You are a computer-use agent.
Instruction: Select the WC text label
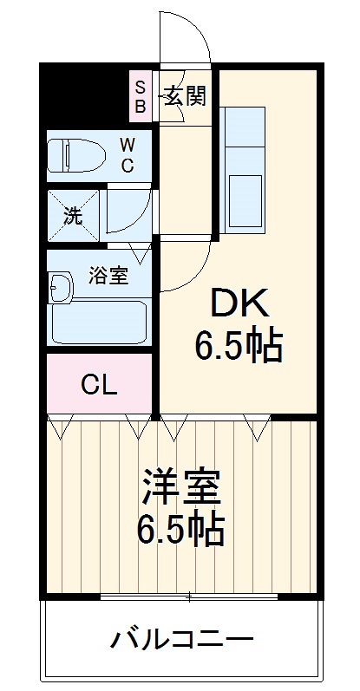(127, 154)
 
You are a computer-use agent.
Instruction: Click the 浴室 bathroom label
(108, 277)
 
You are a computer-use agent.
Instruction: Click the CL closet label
(99, 385)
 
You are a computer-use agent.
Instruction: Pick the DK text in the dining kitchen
(237, 306)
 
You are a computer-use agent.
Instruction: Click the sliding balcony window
(189, 597)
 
